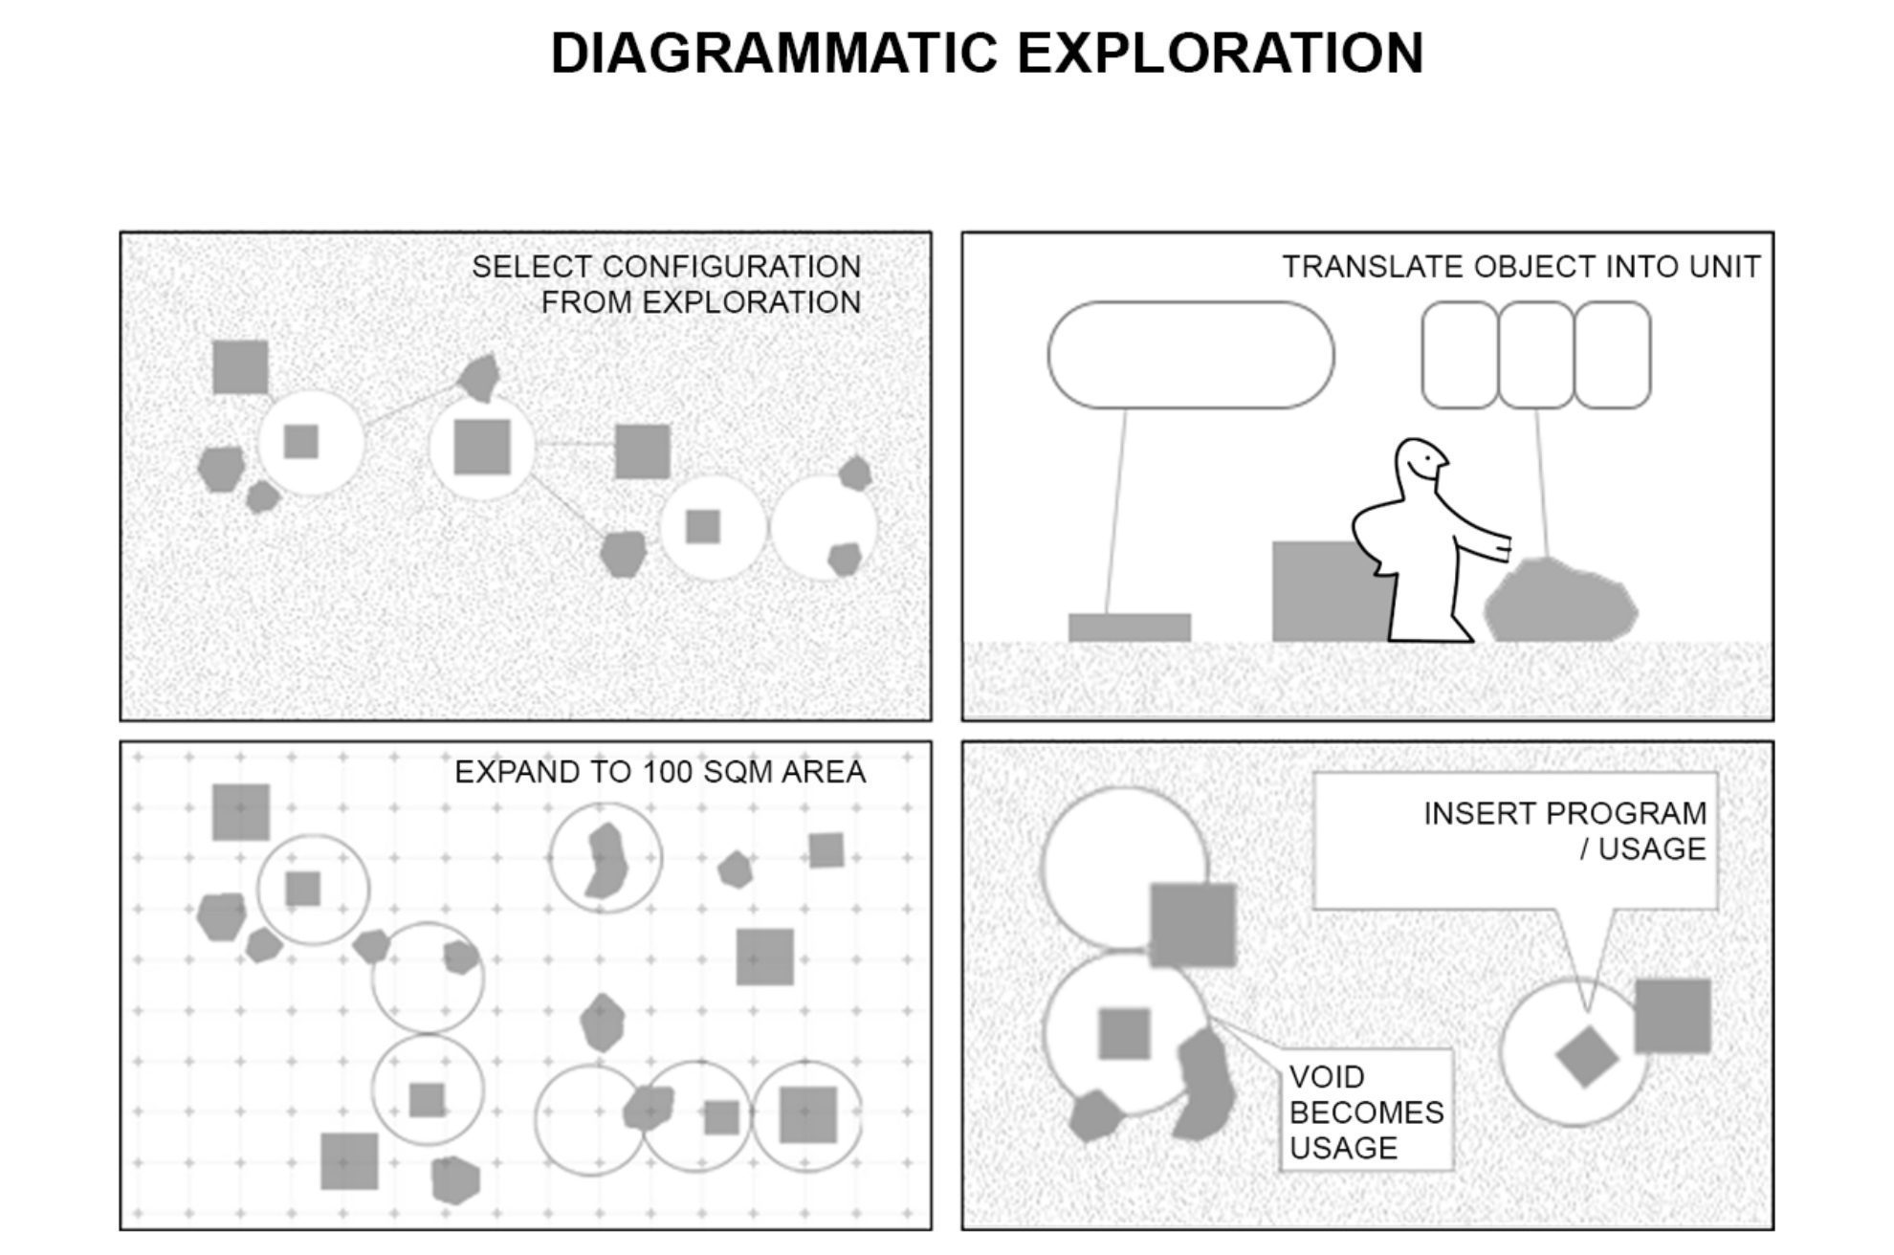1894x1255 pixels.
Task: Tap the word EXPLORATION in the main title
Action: tap(1220, 53)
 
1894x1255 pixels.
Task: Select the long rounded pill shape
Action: tap(1190, 355)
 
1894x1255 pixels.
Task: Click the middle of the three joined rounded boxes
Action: tap(1535, 355)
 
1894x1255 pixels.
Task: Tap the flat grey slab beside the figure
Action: tap(1129, 627)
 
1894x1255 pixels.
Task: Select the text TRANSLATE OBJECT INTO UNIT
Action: tap(1520, 267)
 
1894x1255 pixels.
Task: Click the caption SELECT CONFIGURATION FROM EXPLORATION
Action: tap(667, 284)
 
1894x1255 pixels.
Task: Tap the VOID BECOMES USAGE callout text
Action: tap(1366, 1112)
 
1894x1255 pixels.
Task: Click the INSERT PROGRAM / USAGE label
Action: tap(1564, 830)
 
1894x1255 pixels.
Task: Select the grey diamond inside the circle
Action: tap(1586, 1056)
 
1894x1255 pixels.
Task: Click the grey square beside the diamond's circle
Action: tap(1672, 1016)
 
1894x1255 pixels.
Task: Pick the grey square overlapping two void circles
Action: tap(1192, 925)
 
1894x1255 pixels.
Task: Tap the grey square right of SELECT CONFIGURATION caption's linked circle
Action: tap(642, 451)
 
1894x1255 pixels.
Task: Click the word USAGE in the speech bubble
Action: tap(1652, 848)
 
